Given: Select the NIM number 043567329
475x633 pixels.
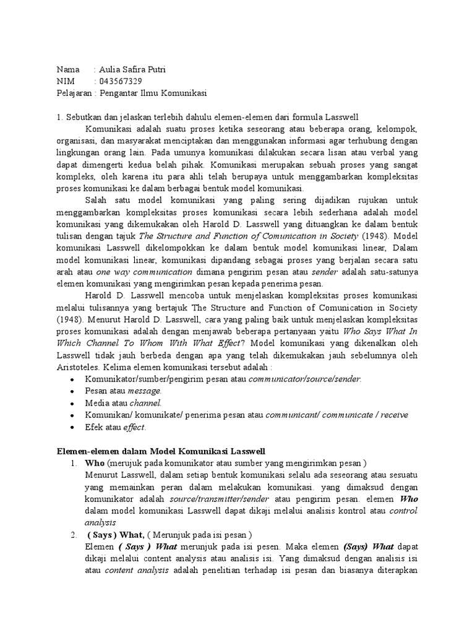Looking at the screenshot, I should click(x=120, y=81).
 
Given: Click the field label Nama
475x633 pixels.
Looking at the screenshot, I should click(x=68, y=69).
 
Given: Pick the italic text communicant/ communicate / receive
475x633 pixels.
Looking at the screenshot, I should click(x=336, y=414).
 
